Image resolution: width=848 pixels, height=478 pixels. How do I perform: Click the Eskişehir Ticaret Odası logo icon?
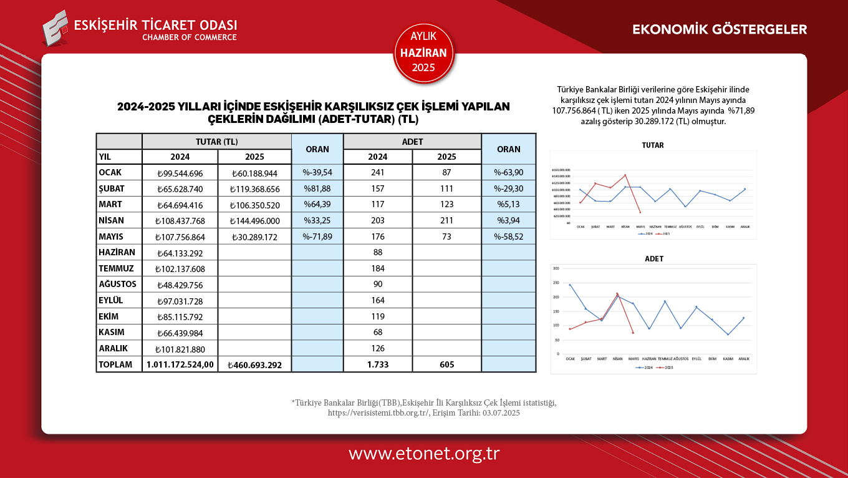pos(55,27)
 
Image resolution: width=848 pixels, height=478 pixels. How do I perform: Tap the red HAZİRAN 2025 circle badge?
pos(424,53)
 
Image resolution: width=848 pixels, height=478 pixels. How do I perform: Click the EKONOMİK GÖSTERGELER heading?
pos(720,29)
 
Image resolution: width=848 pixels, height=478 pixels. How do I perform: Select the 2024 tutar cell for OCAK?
pos(180,173)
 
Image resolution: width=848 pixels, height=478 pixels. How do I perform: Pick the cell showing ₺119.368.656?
pos(255,189)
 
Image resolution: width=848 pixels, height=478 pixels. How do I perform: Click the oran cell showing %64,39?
pos(317,205)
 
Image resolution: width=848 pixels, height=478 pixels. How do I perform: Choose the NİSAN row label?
pos(112,220)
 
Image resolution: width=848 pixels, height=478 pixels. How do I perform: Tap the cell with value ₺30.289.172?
pos(255,237)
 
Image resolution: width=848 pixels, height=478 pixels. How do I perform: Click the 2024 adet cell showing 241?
pos(377,173)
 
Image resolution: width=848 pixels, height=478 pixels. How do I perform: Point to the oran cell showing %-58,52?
pos(508,237)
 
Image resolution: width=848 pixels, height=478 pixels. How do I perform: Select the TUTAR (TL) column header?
pos(216,142)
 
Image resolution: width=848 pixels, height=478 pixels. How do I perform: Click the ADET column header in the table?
pos(412,142)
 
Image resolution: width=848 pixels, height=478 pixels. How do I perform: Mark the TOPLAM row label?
pos(115,364)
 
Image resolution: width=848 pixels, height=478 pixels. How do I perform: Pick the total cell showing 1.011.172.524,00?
pos(180,364)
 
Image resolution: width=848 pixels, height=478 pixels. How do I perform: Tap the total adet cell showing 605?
pos(446,364)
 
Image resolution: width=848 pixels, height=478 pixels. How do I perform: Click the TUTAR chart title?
pos(653,145)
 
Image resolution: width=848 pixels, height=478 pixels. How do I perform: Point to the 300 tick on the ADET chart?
pos(556,268)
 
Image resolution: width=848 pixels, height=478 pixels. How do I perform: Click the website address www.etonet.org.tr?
pos(424,454)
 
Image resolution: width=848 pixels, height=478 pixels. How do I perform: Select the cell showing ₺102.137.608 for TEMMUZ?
pos(180,269)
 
